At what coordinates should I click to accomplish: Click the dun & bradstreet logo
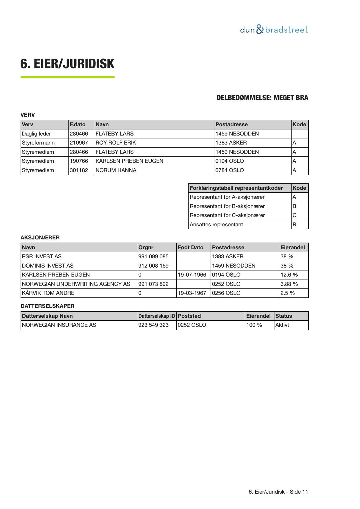pyautogui.click(x=274, y=30)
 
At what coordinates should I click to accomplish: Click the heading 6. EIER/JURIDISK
pyautogui.click(x=67, y=64)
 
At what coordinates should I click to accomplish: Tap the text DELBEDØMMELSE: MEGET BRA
pyautogui.click(x=262, y=98)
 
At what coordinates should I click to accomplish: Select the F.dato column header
pyautogui.click(x=77, y=124)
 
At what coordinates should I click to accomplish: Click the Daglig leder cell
pyautogui.click(x=37, y=134)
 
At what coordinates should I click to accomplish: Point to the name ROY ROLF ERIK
pyautogui.click(x=116, y=143)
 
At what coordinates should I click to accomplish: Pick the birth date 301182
pyautogui.click(x=79, y=170)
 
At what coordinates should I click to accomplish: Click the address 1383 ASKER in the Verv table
pyautogui.click(x=231, y=143)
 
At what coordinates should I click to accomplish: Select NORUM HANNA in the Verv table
pyautogui.click(x=116, y=170)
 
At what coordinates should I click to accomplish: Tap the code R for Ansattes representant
pyautogui.click(x=294, y=225)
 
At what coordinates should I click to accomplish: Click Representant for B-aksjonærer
pyautogui.click(x=227, y=206)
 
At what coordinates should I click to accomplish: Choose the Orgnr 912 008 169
pyautogui.click(x=153, y=266)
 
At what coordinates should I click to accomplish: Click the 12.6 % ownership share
pyautogui.click(x=289, y=275)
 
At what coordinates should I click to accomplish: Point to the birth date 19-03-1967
pyautogui.click(x=192, y=293)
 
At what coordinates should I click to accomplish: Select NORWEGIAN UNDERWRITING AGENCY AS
pyautogui.click(x=76, y=284)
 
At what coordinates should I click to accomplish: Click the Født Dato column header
pyautogui.click(x=190, y=248)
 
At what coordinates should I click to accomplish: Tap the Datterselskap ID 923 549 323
pyautogui.click(x=153, y=325)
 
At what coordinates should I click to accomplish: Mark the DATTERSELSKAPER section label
pyautogui.click(x=47, y=306)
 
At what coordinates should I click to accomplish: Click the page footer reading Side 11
pyautogui.click(x=278, y=492)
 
